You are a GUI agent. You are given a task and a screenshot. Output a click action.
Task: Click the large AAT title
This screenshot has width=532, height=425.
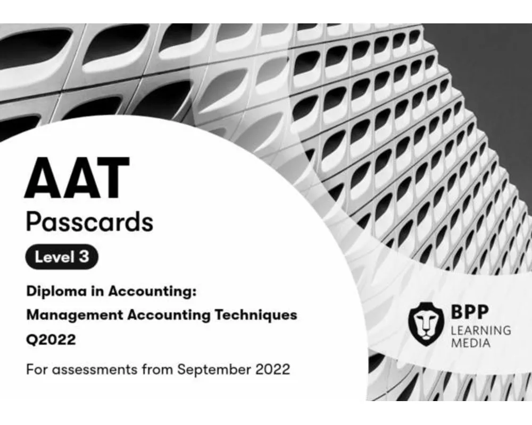click(x=78, y=177)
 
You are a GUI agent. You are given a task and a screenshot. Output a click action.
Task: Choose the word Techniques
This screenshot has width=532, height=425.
click(x=262, y=314)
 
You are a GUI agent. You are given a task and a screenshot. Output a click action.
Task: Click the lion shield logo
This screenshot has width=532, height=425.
click(x=426, y=322)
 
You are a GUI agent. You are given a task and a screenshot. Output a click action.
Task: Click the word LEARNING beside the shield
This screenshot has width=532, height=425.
click(x=480, y=330)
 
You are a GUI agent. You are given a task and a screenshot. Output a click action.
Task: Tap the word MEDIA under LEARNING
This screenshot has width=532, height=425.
click(x=470, y=343)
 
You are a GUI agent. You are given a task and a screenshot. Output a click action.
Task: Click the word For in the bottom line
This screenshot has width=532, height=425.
click(x=36, y=369)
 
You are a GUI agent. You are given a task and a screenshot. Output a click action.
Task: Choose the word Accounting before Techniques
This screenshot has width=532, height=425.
click(x=170, y=314)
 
